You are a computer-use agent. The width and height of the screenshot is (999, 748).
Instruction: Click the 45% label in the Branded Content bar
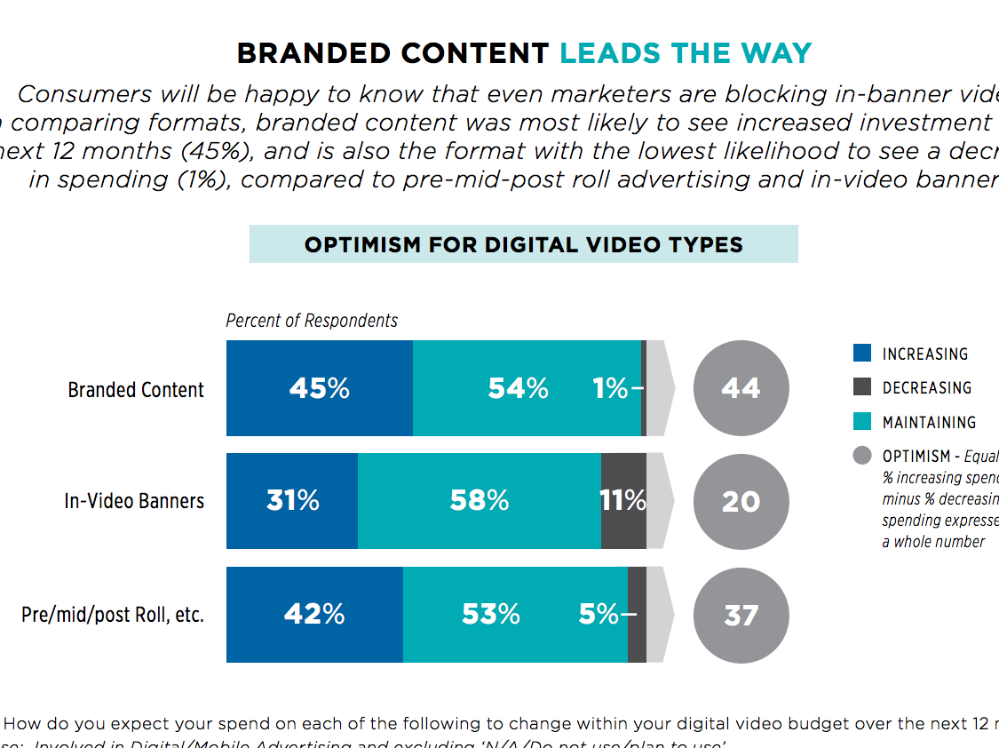[x=319, y=388]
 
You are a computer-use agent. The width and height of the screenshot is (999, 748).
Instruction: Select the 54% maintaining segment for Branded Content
[x=519, y=388]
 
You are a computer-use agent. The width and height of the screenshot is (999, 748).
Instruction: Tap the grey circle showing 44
[x=741, y=388]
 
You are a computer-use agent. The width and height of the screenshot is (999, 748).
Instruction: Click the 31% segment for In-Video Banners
[x=292, y=501]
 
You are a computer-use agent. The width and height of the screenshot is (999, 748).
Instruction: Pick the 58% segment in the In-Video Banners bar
[x=480, y=501]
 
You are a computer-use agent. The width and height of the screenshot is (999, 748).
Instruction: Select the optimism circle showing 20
[x=741, y=501]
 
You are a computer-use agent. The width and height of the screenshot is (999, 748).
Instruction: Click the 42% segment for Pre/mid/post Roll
[x=314, y=615]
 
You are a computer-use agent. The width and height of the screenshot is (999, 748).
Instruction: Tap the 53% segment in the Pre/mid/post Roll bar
[x=491, y=615]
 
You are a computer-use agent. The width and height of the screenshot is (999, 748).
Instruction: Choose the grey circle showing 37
[x=741, y=615]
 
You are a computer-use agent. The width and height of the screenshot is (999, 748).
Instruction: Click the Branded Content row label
[x=136, y=390]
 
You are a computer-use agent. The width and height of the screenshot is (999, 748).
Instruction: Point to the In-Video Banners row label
[x=134, y=501]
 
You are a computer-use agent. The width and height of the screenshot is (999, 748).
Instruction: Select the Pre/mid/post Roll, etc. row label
[x=113, y=615]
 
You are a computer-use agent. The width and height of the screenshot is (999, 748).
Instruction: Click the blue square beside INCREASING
[x=861, y=353]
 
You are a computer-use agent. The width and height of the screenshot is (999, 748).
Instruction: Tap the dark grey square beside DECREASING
[x=861, y=386]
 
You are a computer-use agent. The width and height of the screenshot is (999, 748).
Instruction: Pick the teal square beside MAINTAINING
[x=861, y=421]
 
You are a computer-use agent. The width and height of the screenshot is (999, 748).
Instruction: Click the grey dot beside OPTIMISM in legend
[x=861, y=456]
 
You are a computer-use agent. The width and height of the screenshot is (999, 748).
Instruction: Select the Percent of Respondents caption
[x=312, y=321]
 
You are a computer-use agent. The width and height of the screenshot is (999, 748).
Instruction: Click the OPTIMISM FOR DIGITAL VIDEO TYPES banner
[x=523, y=244]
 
